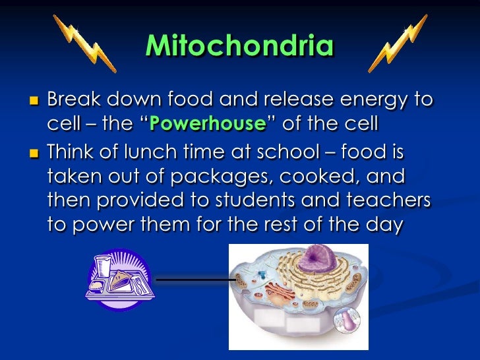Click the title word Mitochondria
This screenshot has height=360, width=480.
[x=239, y=47]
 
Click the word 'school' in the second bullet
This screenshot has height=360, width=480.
[x=292, y=152]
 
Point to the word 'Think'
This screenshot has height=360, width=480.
[x=73, y=152]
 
